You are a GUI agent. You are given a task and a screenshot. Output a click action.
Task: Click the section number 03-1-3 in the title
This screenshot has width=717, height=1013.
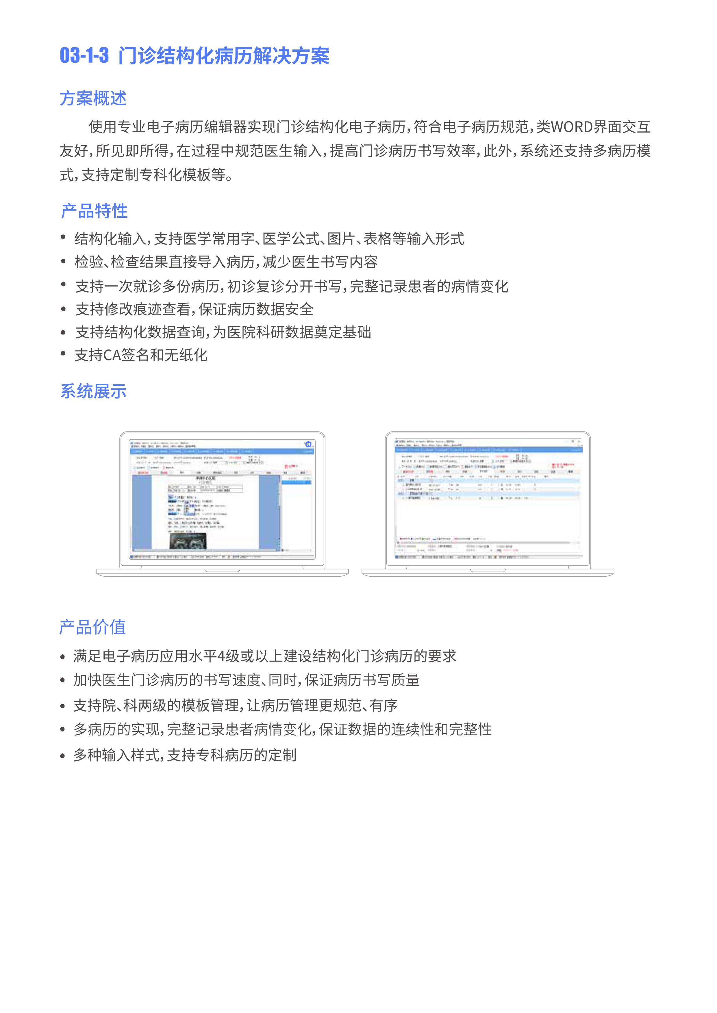(84, 56)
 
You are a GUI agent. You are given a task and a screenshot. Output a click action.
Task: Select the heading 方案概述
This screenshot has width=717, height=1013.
(93, 98)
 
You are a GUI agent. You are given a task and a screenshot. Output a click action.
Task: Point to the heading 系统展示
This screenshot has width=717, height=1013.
(93, 391)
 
